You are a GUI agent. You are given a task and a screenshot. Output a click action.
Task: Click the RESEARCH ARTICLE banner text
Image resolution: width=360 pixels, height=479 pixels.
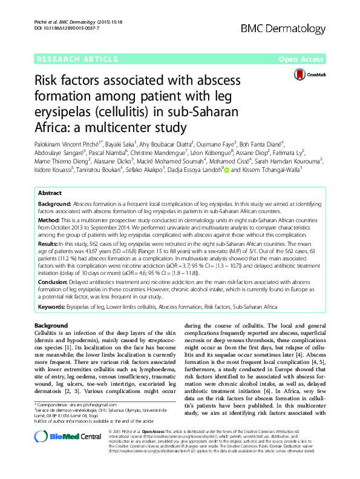(x=77, y=59)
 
